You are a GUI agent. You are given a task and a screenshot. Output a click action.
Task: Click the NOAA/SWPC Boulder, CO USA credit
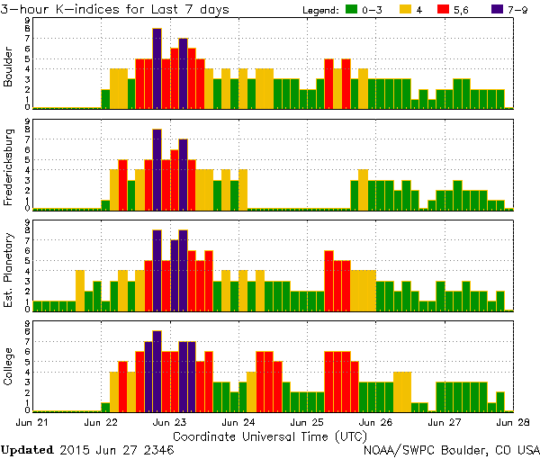450,447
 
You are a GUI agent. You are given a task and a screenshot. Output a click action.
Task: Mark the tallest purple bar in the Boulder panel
157,68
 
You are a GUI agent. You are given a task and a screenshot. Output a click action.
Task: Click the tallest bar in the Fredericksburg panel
157,169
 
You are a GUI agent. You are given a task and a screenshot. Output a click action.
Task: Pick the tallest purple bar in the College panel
157,371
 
